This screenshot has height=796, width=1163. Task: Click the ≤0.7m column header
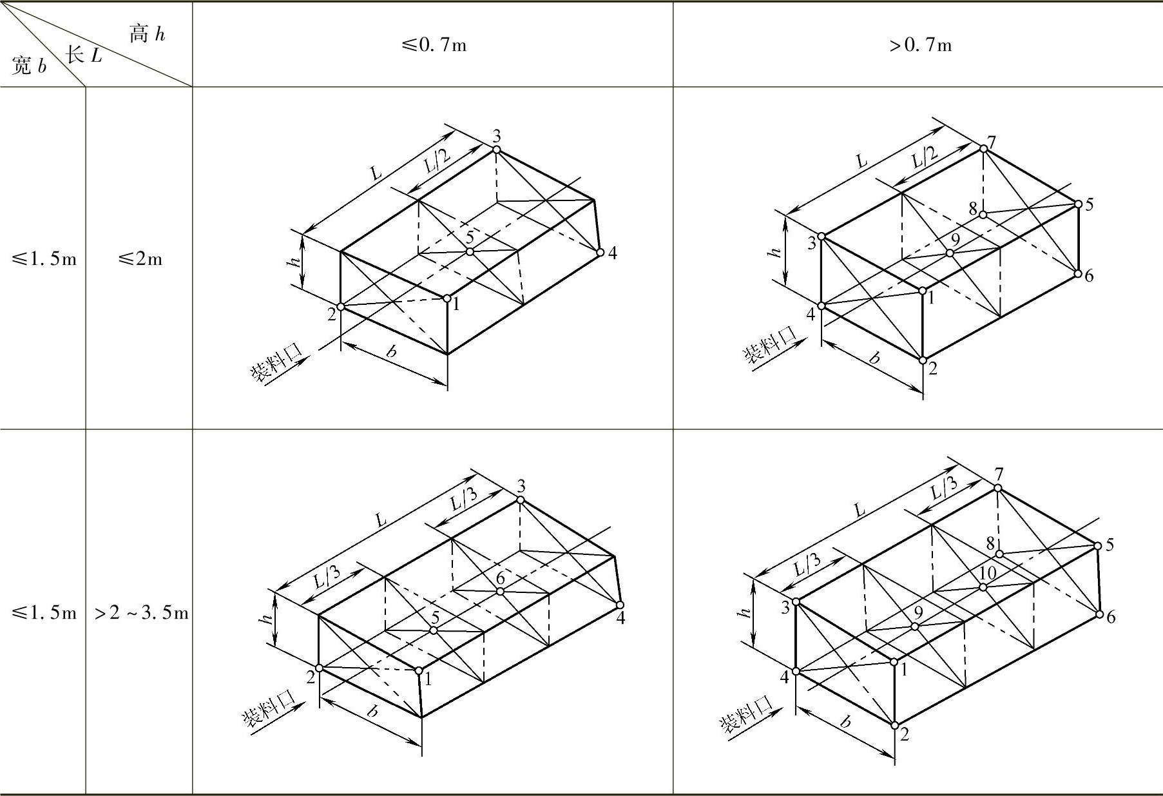coord(434,45)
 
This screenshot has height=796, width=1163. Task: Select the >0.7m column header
coord(920,45)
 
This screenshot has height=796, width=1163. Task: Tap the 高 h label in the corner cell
coord(148,33)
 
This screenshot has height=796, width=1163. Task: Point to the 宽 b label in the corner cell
coord(29,66)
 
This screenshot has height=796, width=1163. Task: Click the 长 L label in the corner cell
coord(83,55)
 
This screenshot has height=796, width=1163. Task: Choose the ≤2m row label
coord(139,259)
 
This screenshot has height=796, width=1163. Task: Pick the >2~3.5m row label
coord(141,613)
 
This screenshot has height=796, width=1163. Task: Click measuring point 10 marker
coord(983,587)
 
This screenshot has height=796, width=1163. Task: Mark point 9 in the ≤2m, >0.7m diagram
coord(950,253)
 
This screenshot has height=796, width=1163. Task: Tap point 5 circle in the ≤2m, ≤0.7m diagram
coord(470,251)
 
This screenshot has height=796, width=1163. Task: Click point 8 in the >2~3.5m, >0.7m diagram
coord(999,554)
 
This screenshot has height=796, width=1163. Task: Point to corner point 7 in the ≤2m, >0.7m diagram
coord(984,149)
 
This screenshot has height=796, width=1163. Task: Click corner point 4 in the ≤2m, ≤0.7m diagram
coord(601,252)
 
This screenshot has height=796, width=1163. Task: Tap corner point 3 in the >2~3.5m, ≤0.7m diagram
coord(521,500)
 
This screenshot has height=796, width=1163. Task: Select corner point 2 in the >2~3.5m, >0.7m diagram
coord(895,726)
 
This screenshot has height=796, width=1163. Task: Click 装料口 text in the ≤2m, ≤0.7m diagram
coord(276,364)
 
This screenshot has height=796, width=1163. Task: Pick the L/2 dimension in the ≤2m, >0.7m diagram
coord(925,157)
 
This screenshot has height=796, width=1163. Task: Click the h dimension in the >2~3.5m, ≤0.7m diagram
coord(265,618)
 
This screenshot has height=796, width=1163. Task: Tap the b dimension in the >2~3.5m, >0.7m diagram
coord(845,721)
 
